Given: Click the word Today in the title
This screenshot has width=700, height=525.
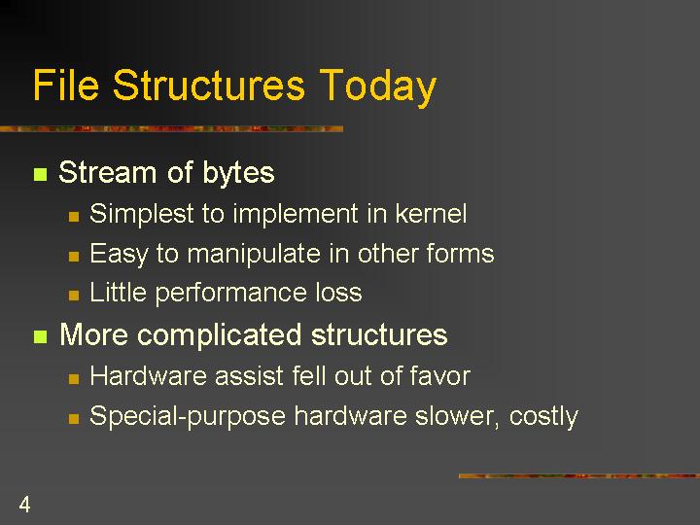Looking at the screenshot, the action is (x=377, y=87).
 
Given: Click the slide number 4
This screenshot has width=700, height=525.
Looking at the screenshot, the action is (x=24, y=505).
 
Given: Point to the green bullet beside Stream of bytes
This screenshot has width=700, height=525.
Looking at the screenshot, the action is (x=40, y=174).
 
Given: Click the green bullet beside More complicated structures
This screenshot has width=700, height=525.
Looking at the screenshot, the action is (x=40, y=336).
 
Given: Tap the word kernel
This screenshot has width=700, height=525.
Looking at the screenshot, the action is (x=431, y=213).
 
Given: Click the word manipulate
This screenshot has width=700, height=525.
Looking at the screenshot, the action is (x=254, y=255).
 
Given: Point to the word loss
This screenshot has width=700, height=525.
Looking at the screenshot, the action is (x=339, y=293).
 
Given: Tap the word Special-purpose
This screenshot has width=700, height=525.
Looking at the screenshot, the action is (x=188, y=417).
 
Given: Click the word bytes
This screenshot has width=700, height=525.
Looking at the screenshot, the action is (x=238, y=173).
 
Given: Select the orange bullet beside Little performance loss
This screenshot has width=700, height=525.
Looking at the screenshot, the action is (x=74, y=296).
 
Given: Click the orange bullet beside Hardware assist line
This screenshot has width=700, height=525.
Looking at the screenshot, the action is (x=74, y=379).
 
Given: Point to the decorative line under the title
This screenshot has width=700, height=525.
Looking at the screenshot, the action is (x=171, y=129).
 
